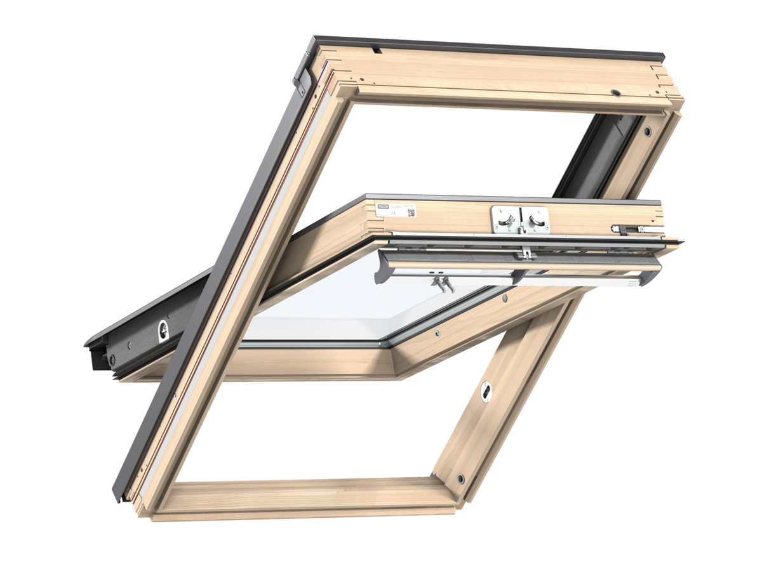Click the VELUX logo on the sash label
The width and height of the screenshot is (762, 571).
(x=383, y=206)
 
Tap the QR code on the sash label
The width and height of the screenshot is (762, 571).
(x=411, y=213)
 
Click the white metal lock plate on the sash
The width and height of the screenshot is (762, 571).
(x=521, y=219)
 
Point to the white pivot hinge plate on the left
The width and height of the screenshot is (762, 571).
(x=163, y=330)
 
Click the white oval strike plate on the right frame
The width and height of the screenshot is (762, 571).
(x=486, y=392)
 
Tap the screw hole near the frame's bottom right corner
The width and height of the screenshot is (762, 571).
(x=460, y=478)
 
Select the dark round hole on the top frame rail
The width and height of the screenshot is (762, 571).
(x=615, y=93)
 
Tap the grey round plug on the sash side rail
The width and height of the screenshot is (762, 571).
(x=505, y=297)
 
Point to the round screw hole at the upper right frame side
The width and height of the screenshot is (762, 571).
(x=646, y=132)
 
